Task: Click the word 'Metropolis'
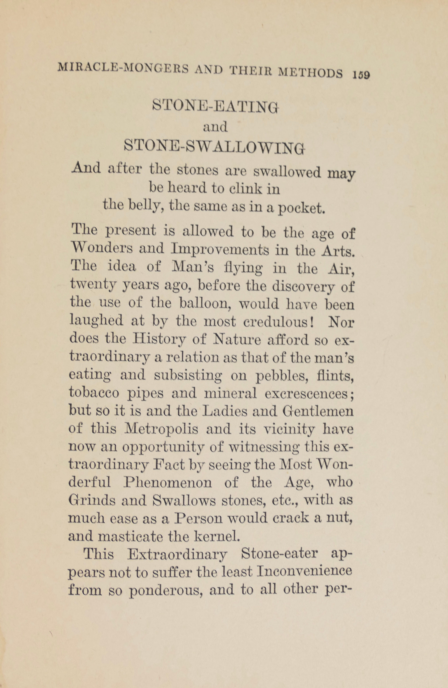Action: (161, 429)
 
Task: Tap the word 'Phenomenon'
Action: (168, 482)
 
